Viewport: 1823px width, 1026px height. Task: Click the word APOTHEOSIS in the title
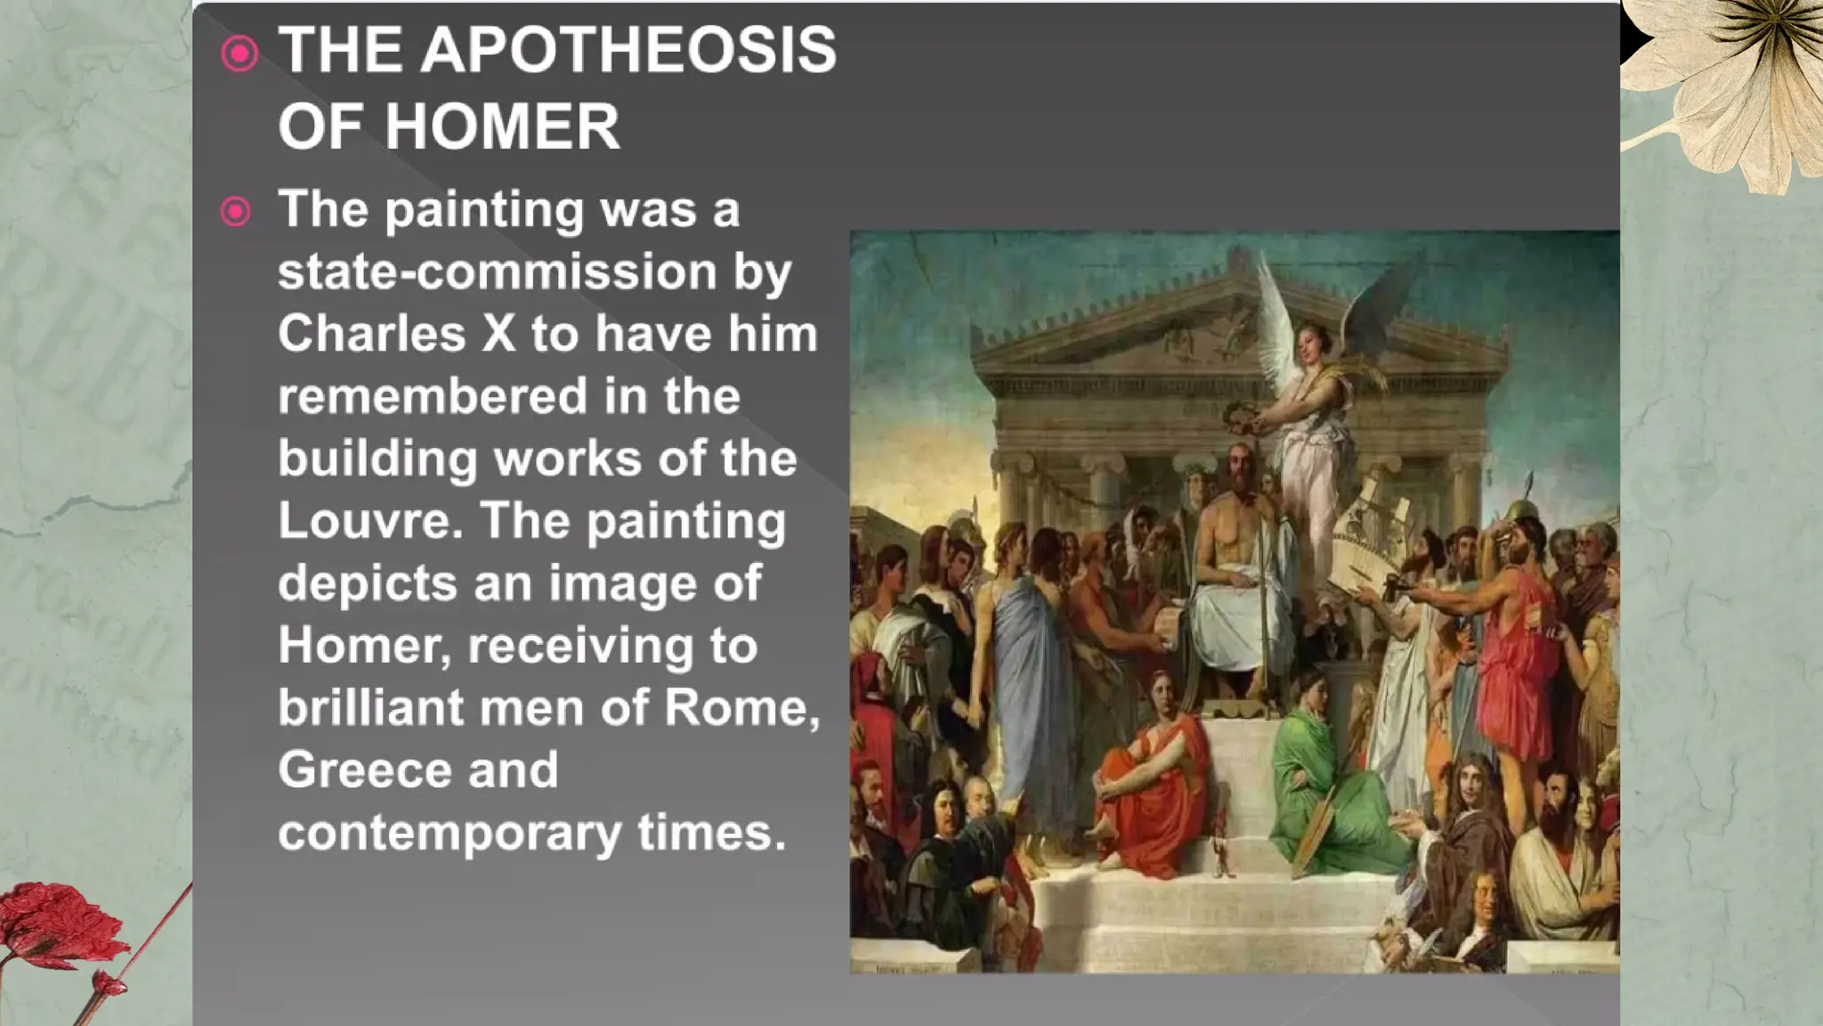[x=628, y=50]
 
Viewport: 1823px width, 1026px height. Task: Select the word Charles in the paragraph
[x=371, y=334]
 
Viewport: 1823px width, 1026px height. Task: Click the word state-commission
[x=497, y=272]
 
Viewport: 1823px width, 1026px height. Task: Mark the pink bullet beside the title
[x=239, y=53]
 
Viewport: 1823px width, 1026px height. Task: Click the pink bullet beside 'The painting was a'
[x=236, y=212]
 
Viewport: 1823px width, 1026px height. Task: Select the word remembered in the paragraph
[x=432, y=396]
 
